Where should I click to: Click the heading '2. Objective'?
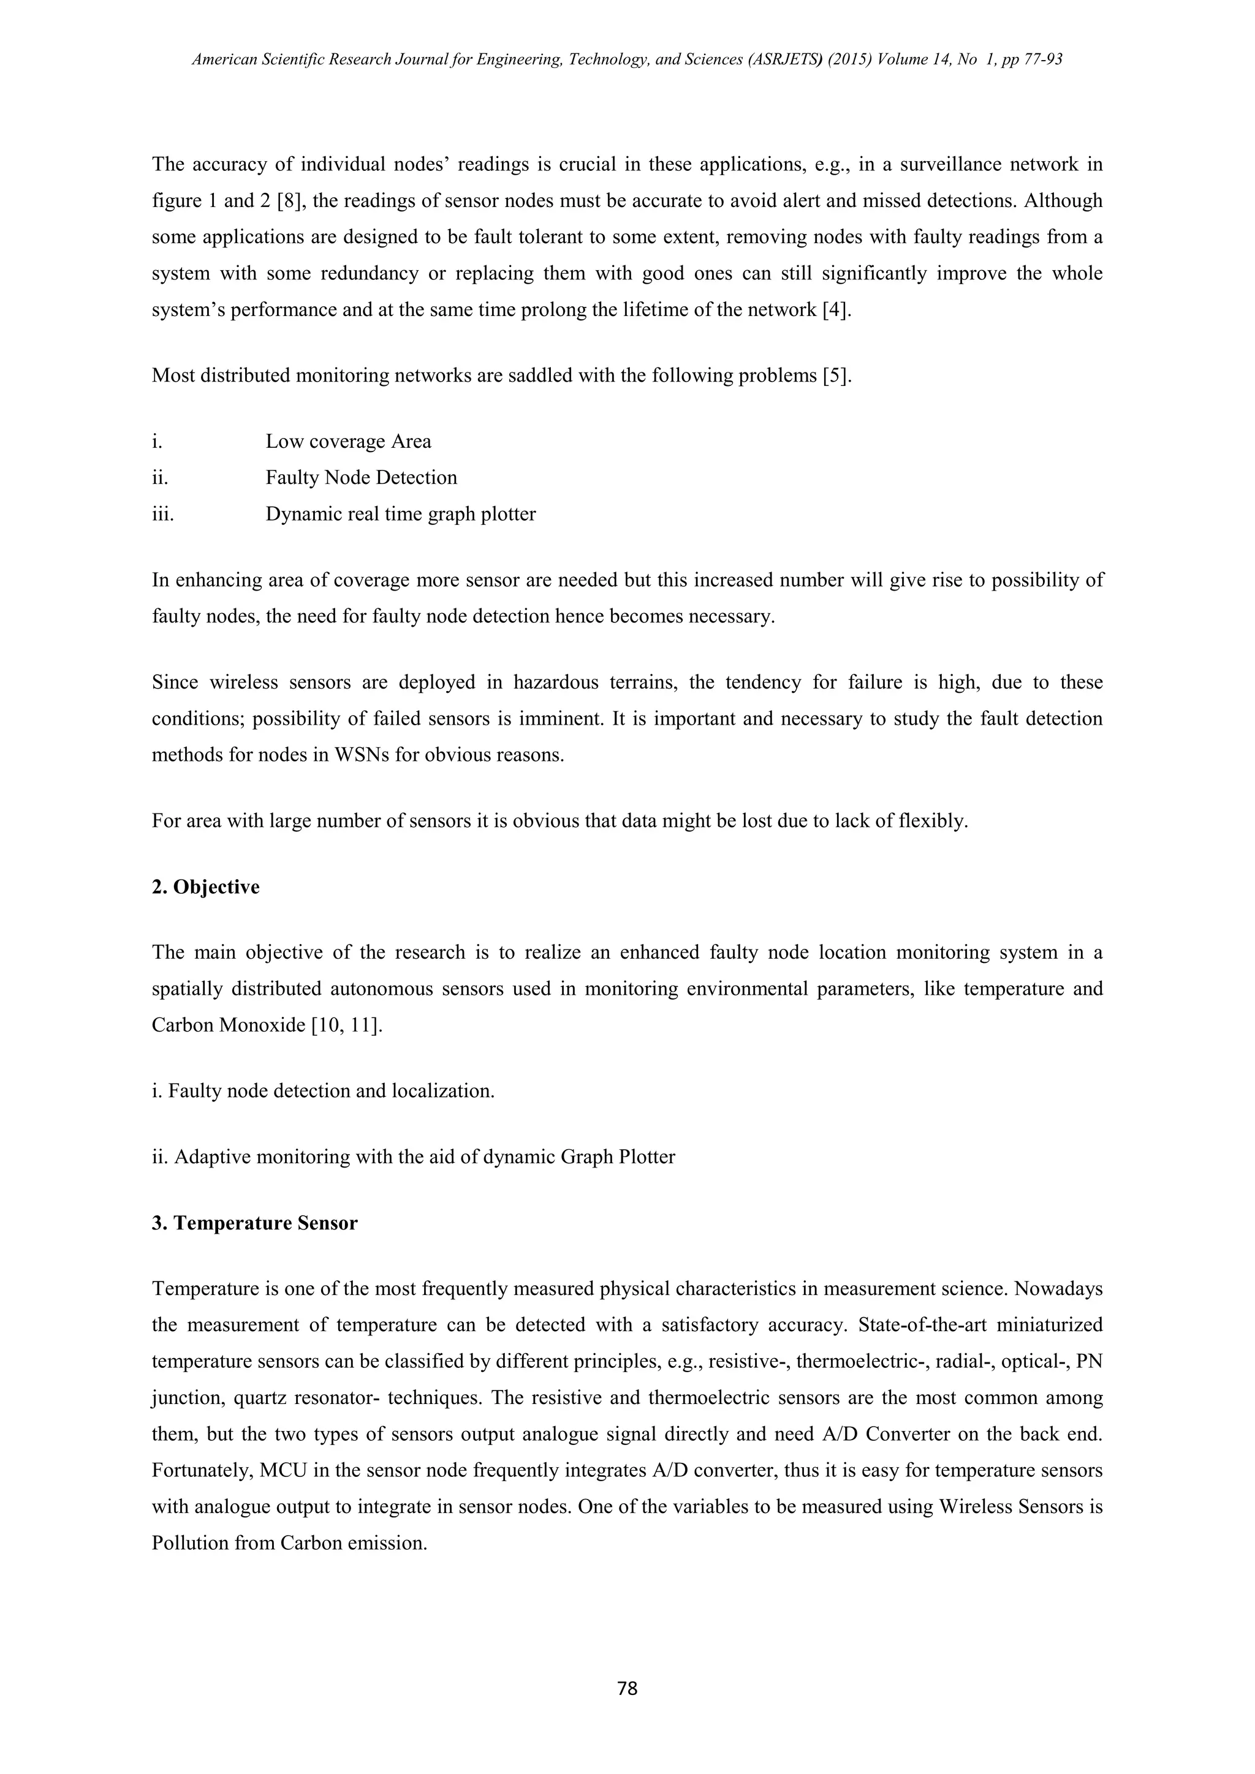pos(205,886)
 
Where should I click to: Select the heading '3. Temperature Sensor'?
pos(254,1223)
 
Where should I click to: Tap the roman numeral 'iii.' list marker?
pos(162,514)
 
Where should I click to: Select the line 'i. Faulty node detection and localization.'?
pos(323,1091)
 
